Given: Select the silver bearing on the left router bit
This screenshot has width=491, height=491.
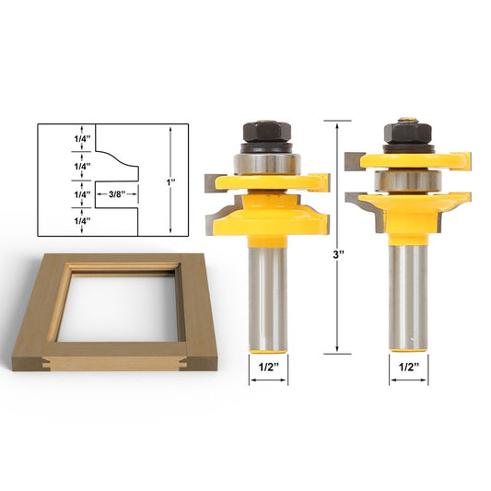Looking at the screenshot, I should coord(263,163).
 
